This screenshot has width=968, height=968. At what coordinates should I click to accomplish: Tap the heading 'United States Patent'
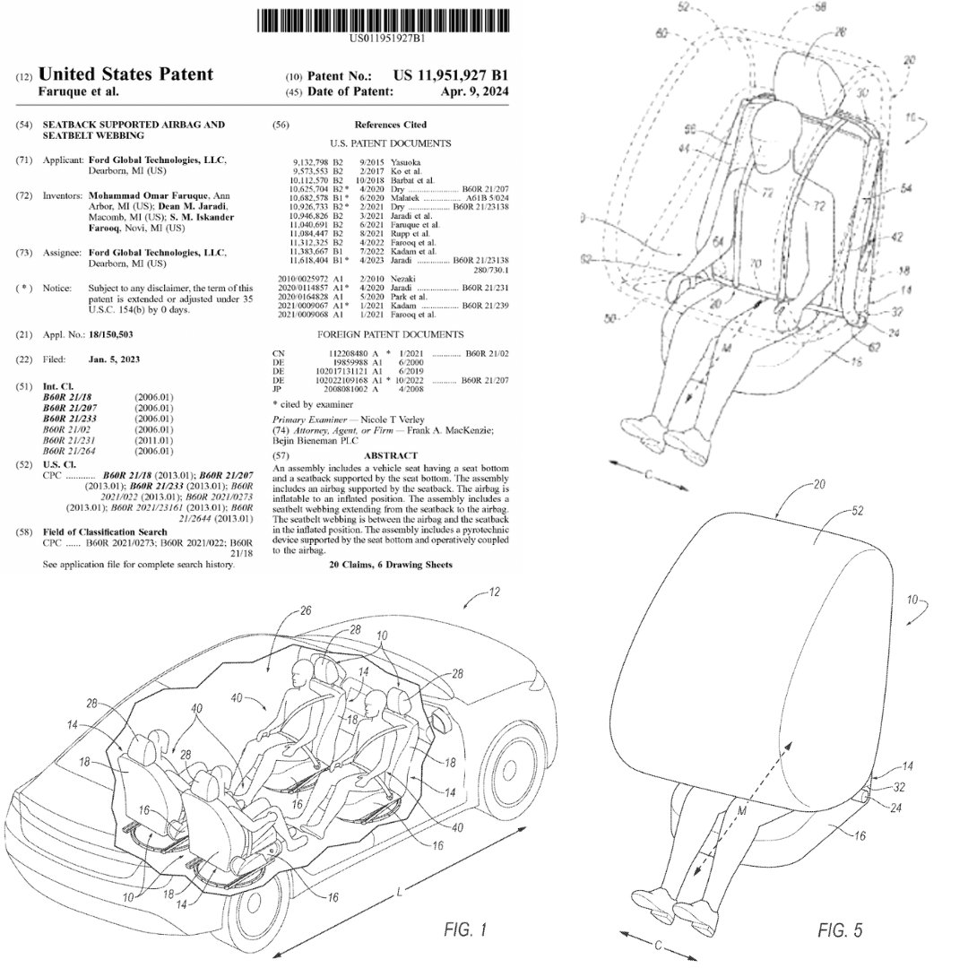click(126, 73)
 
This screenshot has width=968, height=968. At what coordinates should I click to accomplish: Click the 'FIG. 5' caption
click(840, 930)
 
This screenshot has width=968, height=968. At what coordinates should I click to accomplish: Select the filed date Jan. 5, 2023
click(114, 359)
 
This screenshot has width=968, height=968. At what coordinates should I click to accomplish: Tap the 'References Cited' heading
click(390, 125)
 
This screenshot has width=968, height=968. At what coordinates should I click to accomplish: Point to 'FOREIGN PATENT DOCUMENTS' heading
click(391, 334)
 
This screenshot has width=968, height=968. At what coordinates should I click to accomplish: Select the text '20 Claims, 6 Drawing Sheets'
click(391, 566)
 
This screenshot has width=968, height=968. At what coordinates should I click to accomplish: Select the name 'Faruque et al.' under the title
click(79, 91)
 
